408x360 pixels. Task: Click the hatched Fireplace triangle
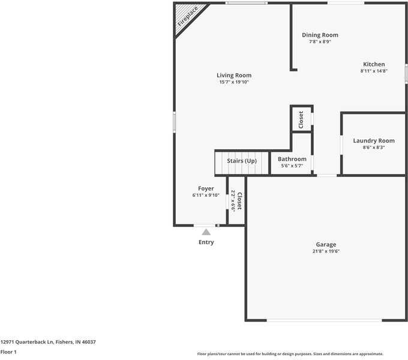(186, 16)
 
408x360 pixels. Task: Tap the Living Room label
(234, 76)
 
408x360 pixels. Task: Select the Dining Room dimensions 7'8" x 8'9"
(320, 41)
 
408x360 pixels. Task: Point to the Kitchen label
(374, 64)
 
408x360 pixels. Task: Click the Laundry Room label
(374, 141)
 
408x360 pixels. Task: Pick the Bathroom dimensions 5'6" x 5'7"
(292, 166)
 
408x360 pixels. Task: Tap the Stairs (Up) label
(242, 161)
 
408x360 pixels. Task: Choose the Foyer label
(206, 188)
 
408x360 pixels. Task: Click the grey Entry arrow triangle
(206, 232)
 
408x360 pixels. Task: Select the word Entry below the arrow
(206, 242)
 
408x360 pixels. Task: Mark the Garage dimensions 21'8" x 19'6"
(326, 251)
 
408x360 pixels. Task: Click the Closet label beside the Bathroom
(301, 119)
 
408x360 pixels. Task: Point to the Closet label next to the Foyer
(239, 201)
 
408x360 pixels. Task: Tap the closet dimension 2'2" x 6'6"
(233, 202)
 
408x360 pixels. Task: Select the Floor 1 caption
(8, 352)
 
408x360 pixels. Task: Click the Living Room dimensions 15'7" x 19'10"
(234, 82)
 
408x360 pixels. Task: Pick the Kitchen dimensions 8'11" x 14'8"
(374, 71)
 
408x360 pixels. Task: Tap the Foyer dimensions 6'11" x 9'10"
(206, 196)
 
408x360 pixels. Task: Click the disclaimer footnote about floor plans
(290, 354)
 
